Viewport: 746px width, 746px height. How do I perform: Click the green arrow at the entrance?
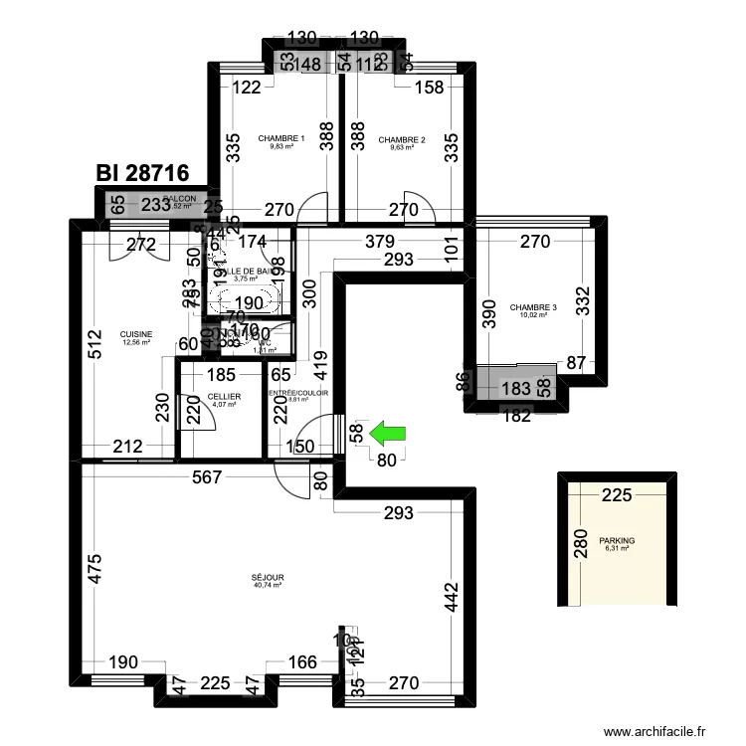(x=389, y=433)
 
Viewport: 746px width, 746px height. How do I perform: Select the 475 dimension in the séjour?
(x=93, y=567)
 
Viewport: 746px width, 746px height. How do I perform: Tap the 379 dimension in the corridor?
(x=379, y=241)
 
